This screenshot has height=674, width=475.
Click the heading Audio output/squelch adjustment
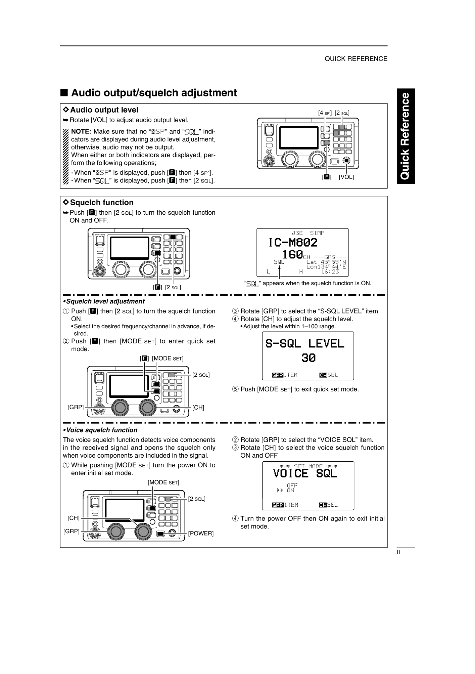tap(154, 93)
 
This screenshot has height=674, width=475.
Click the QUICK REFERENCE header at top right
tap(355, 59)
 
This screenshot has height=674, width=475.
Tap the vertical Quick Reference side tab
tap(406, 136)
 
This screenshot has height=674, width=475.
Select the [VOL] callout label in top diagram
tap(346, 177)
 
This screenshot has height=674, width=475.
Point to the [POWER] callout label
tap(201, 533)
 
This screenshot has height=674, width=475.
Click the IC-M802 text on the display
tap(293, 242)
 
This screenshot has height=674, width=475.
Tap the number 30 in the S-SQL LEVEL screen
tap(308, 358)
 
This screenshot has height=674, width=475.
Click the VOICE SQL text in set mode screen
tap(305, 473)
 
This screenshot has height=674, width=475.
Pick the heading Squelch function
tap(101, 203)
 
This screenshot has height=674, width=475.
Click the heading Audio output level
tap(104, 110)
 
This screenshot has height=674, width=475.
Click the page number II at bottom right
tap(398, 552)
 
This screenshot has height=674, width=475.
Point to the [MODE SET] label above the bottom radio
tap(163, 482)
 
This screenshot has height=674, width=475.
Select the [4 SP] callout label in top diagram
tap(325, 113)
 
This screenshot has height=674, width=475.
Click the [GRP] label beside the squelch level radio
tap(76, 407)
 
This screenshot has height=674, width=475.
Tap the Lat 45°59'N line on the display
tap(326, 262)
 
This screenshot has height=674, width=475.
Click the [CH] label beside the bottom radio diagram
tap(74, 518)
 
